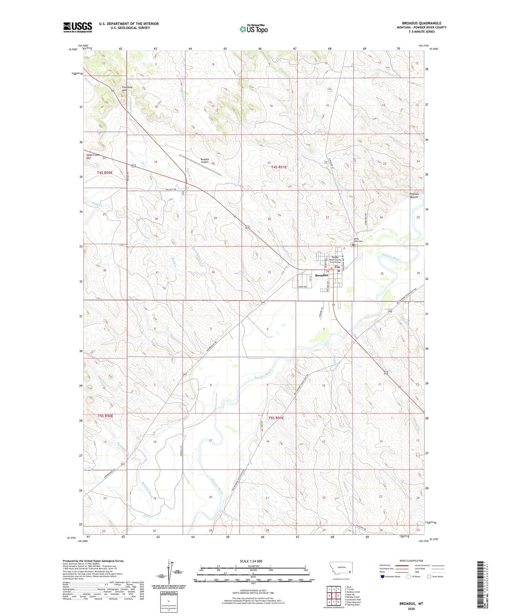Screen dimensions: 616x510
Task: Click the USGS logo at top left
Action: [x=78, y=27]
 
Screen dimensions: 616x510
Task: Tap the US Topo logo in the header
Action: [x=253, y=29]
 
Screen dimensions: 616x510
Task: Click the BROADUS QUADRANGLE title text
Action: [x=421, y=23]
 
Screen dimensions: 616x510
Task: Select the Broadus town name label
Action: [x=321, y=275]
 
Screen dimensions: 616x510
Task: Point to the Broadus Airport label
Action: [x=205, y=161]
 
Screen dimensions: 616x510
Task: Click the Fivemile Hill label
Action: [x=127, y=89]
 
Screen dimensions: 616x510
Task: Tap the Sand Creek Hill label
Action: [x=94, y=156]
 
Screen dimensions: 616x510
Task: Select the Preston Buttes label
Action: [x=414, y=195]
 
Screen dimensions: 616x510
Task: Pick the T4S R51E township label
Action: [x=279, y=167]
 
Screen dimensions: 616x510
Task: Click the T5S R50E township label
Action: [x=106, y=416]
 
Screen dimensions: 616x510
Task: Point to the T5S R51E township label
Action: [x=276, y=418]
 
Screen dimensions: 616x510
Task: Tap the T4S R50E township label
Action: [x=105, y=173]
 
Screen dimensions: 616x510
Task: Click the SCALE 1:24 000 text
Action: [x=251, y=561]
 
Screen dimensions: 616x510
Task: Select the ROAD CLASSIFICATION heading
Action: [x=411, y=561]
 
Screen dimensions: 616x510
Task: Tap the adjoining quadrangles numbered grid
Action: [x=334, y=596]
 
